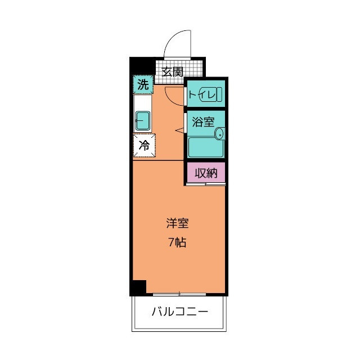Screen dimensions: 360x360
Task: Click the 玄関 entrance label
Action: click(x=173, y=71)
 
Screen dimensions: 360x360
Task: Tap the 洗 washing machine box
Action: click(x=143, y=85)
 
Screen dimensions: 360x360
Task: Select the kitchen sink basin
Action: click(x=142, y=119)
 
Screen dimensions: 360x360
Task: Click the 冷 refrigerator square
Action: click(x=144, y=145)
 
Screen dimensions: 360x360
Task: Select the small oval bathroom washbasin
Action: click(x=219, y=134)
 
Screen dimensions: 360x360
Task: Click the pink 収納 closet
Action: click(x=206, y=173)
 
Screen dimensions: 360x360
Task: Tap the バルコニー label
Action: click(x=179, y=312)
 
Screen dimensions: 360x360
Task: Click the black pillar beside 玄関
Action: click(x=141, y=66)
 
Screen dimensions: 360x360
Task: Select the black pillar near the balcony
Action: click(x=138, y=287)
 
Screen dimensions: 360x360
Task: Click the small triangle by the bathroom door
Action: click(x=180, y=130)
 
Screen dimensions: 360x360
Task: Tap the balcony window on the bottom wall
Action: click(x=179, y=294)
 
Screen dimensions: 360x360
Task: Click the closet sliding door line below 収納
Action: click(x=206, y=183)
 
